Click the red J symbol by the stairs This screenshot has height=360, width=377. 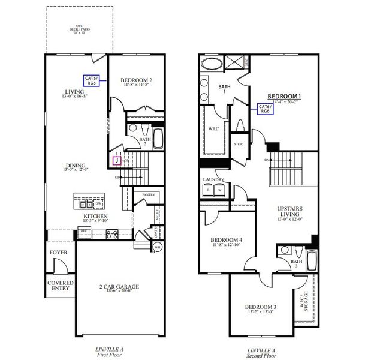point(116,160)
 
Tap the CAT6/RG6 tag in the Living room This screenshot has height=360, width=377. point(93,80)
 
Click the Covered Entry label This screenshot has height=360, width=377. point(61,286)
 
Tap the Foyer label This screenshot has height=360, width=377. point(59,253)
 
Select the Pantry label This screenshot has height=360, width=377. point(147,195)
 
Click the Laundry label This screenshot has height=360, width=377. point(214,179)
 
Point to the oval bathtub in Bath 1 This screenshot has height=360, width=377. point(211,65)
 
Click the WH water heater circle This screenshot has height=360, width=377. point(157,246)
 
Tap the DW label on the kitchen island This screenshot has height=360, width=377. point(97,203)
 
